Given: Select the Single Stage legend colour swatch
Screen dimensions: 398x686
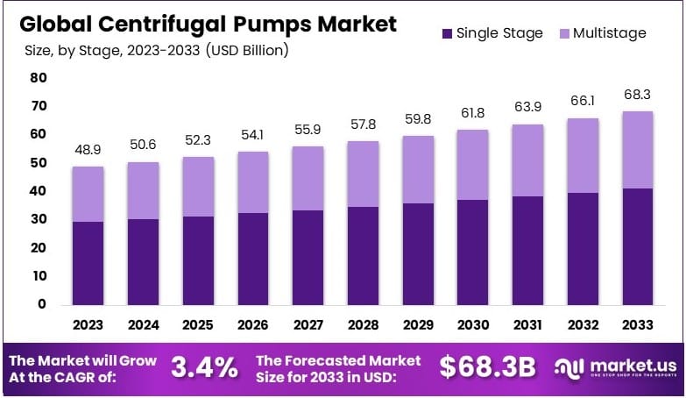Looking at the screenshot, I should point(447,33).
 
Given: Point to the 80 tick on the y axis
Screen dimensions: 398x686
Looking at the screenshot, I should point(38,77).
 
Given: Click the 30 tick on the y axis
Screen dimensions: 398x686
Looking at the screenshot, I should point(38,219).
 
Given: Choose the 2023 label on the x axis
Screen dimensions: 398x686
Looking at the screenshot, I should point(88,324).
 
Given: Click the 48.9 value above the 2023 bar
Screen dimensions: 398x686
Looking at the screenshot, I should point(88,150).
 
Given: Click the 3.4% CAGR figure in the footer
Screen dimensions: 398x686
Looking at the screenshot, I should point(203,367).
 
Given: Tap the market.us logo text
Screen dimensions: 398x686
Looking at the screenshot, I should point(626,364).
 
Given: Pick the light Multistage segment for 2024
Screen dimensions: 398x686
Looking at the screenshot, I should point(144,190).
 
